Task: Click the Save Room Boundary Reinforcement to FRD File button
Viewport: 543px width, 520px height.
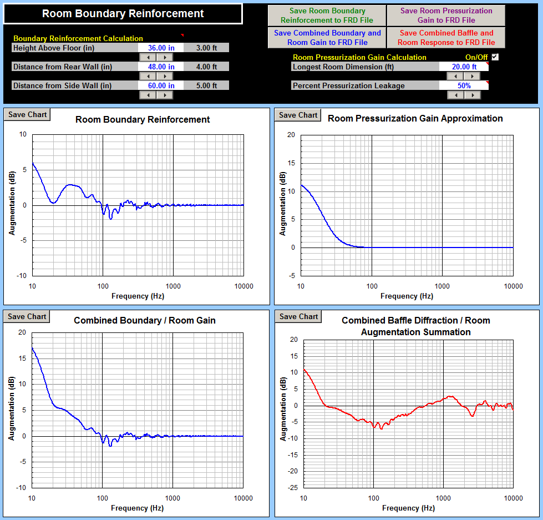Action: coord(327,16)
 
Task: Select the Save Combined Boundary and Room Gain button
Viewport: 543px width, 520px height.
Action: coord(327,38)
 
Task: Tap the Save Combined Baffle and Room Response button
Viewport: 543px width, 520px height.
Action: coord(446,38)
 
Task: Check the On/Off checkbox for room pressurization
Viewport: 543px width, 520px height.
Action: coord(495,57)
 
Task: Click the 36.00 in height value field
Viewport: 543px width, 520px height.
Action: coord(161,48)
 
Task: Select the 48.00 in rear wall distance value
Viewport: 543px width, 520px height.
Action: coord(161,67)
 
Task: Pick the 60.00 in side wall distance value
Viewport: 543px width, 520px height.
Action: coord(161,86)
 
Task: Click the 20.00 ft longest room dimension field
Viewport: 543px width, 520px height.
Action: coord(464,67)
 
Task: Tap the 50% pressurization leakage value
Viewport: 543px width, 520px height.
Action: coord(464,86)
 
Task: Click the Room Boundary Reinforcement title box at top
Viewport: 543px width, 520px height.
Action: coord(123,14)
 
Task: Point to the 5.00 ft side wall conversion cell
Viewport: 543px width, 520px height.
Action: coord(206,86)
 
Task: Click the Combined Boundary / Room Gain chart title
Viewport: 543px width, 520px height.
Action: coord(145,320)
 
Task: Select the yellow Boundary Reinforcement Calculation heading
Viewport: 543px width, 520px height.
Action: coord(78,39)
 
